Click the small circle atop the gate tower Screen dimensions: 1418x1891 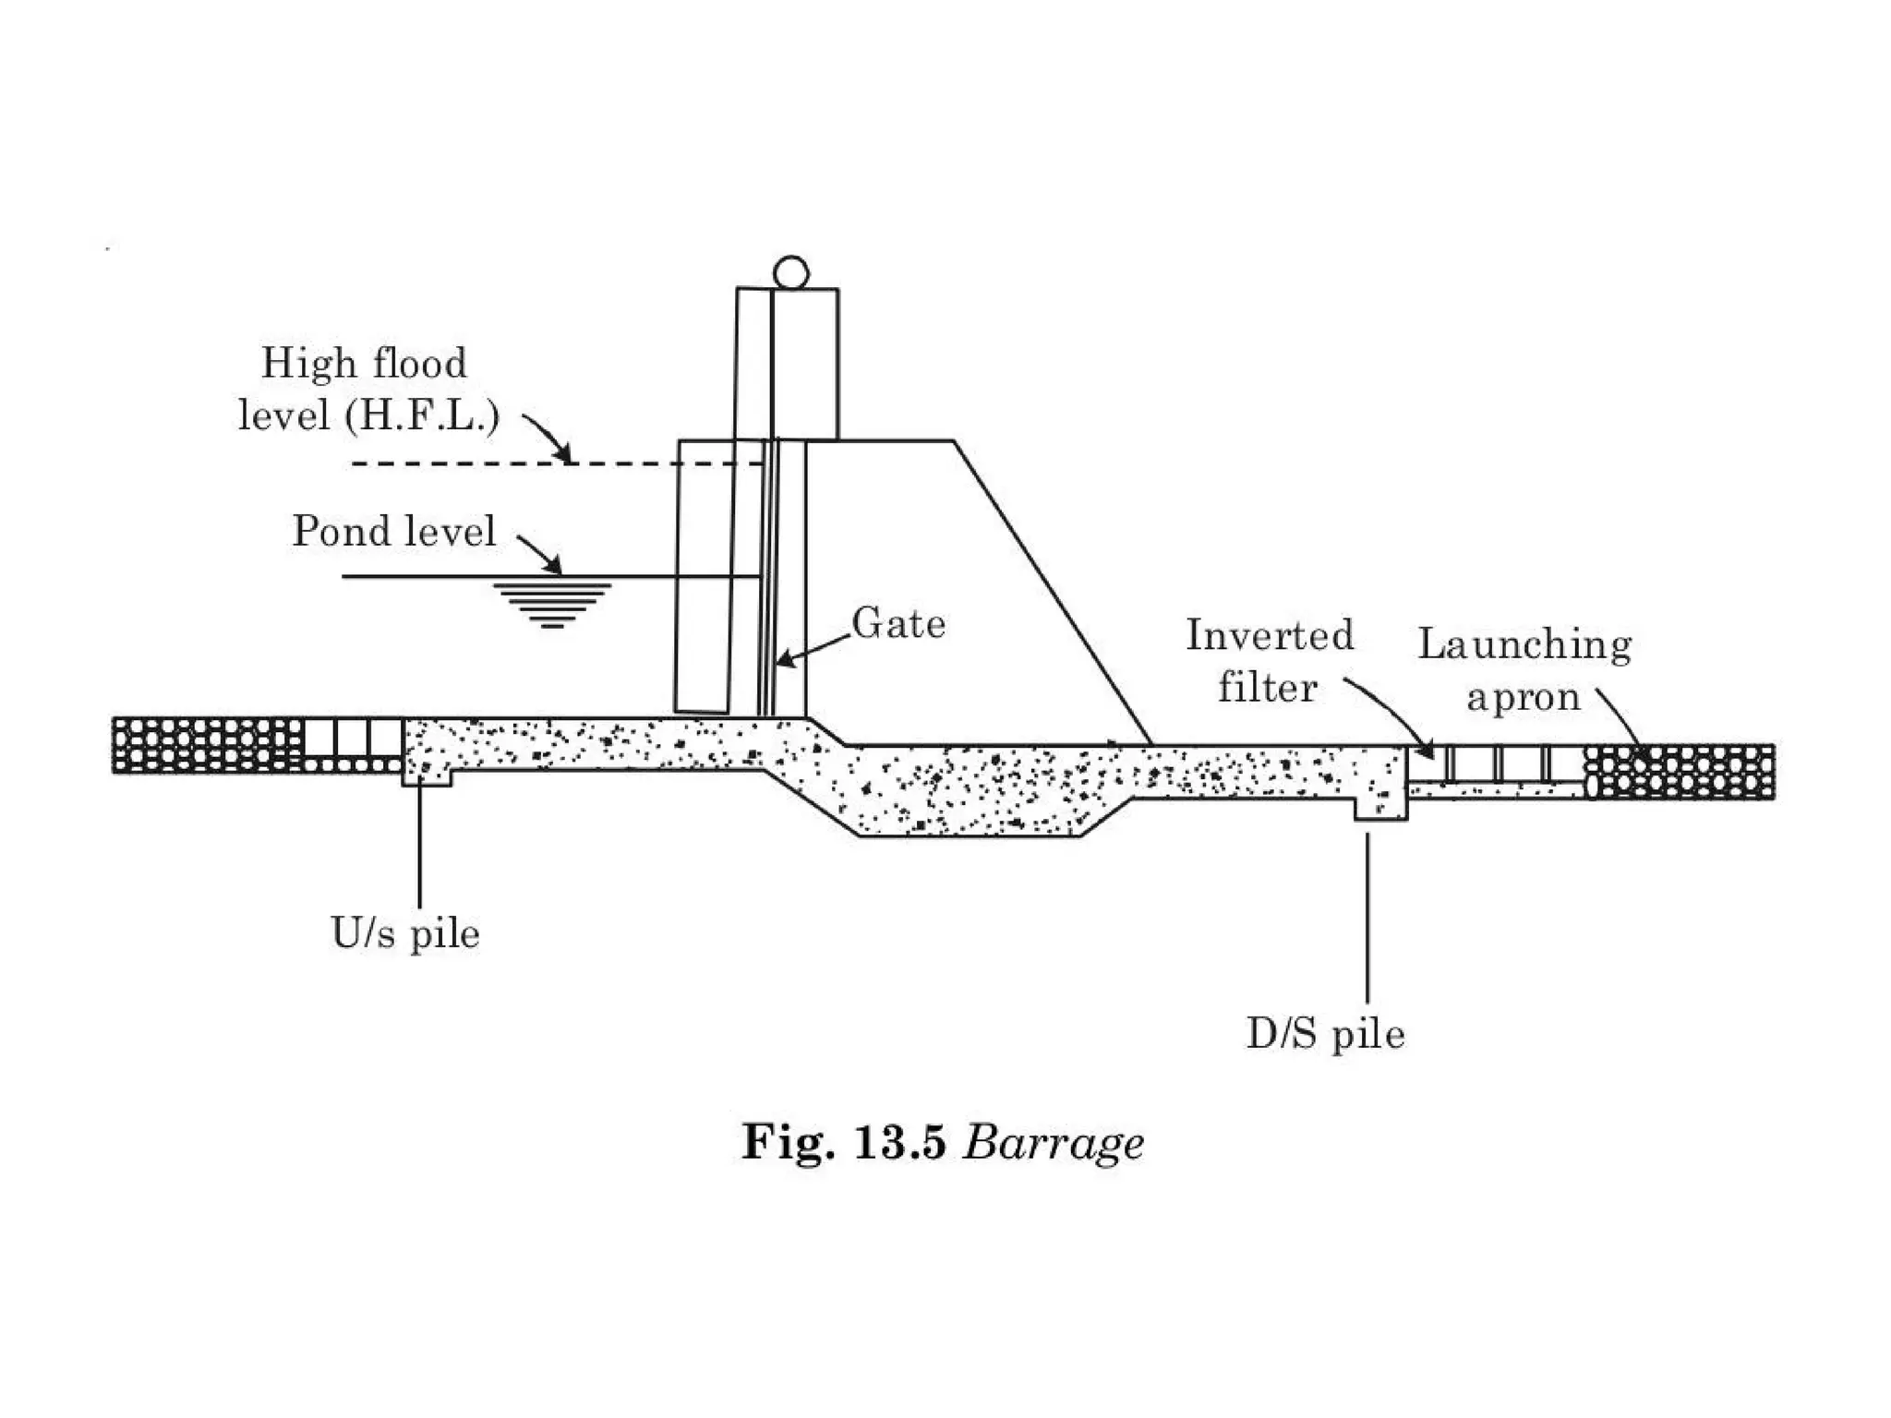790,273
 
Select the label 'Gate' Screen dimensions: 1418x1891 898,624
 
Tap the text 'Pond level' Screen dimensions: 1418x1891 394,532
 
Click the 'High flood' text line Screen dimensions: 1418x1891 364,363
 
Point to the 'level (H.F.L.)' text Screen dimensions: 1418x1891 368,415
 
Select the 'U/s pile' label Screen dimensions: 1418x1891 405,933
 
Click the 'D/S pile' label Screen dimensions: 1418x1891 1325,1034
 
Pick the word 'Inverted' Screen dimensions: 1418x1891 1270,636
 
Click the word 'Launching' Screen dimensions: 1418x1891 1524,645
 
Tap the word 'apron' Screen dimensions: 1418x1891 1524,698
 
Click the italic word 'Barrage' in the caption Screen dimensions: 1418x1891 1053,1144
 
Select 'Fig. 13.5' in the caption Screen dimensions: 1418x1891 844,1143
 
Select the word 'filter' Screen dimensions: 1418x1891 1267,689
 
